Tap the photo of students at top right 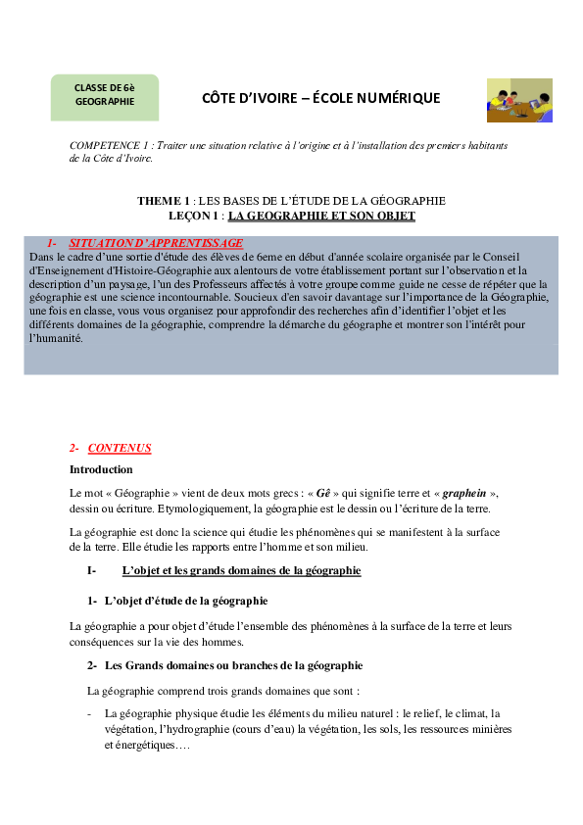pos(519,100)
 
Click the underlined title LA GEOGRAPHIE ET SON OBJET pos(321,215)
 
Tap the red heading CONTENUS pos(120,448)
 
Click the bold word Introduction pos(101,469)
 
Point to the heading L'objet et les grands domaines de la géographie pos(241,570)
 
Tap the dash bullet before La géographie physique pos(89,714)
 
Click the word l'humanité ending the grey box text pos(56,338)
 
